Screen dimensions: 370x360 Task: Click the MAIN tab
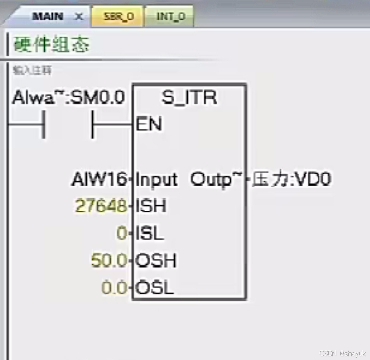tap(47, 17)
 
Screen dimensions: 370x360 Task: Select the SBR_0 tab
tap(119, 17)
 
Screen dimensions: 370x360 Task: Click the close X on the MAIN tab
tap(78, 17)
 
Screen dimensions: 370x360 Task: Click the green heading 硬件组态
tap(51, 45)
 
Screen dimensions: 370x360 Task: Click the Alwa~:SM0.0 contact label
tap(68, 98)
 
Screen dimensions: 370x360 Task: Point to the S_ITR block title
tap(189, 98)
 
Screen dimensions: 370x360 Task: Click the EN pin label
tap(149, 124)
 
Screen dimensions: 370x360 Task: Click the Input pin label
tap(156, 180)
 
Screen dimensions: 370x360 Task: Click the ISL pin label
tap(150, 234)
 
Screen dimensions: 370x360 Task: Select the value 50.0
tap(109, 261)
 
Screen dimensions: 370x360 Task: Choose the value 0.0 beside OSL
tap(114, 288)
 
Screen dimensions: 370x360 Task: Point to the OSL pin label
tap(154, 288)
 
